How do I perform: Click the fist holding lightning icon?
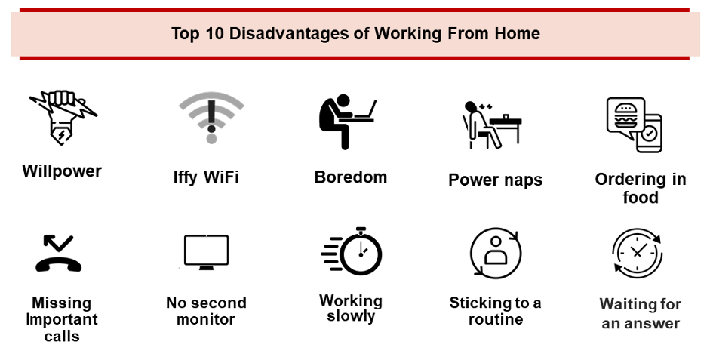tap(63, 117)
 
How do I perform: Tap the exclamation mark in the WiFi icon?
tap(211, 122)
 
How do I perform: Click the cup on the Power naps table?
tap(506, 117)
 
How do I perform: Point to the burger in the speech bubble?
tap(625, 115)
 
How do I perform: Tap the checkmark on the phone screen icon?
tap(650, 133)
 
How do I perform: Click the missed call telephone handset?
tap(58, 263)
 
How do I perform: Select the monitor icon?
tap(207, 252)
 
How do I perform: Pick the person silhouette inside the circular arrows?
tap(496, 251)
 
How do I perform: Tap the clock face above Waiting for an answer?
tap(638, 252)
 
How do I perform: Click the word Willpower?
tap(62, 171)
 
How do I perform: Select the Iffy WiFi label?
tap(206, 177)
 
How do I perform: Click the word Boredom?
tap(351, 177)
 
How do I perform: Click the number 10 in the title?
tap(214, 33)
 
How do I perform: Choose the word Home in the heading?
tap(517, 33)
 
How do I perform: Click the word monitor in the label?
tap(205, 319)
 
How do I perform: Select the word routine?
tap(496, 319)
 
